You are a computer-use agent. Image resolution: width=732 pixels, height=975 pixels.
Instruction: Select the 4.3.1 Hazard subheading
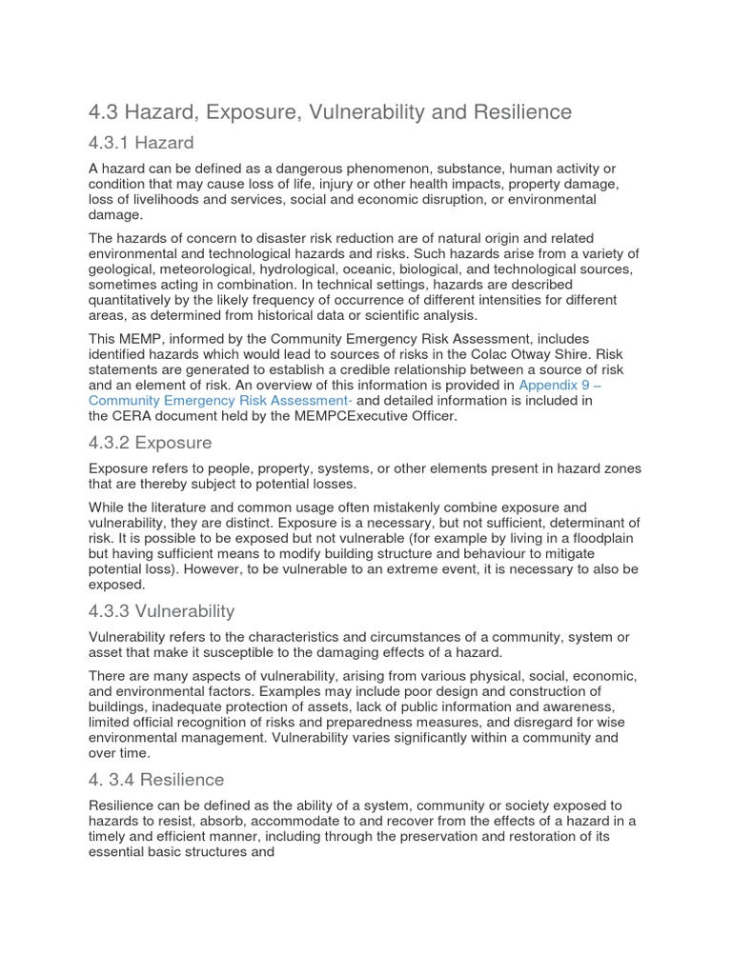click(141, 143)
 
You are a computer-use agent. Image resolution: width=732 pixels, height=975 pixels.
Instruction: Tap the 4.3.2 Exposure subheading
click(151, 443)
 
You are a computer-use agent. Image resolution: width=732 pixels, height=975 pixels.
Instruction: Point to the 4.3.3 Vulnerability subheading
click(162, 610)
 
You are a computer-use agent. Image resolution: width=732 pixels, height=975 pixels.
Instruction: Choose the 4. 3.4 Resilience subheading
click(156, 780)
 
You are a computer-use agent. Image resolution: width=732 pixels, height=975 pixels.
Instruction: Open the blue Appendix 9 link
click(559, 385)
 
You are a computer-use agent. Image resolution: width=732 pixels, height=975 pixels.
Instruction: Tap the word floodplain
click(595, 538)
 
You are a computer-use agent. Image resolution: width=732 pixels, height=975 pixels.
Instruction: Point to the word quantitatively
click(137, 300)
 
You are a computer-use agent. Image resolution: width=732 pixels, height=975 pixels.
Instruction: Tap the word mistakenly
click(383, 507)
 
